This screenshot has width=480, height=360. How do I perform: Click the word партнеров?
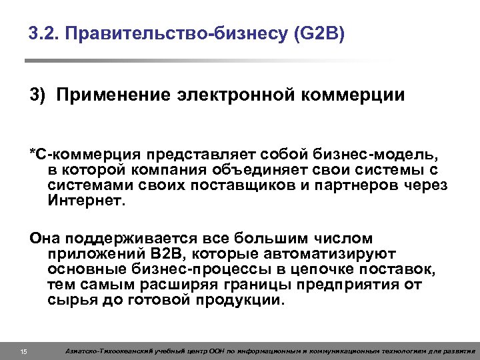pos(354,185)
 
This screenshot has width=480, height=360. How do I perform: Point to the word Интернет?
pos(86,200)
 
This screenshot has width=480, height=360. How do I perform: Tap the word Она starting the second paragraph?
pos(44,238)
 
